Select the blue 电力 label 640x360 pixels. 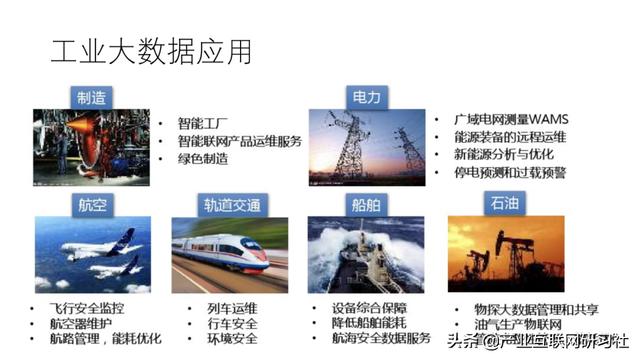point(364,98)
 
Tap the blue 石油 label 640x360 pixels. point(501,205)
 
